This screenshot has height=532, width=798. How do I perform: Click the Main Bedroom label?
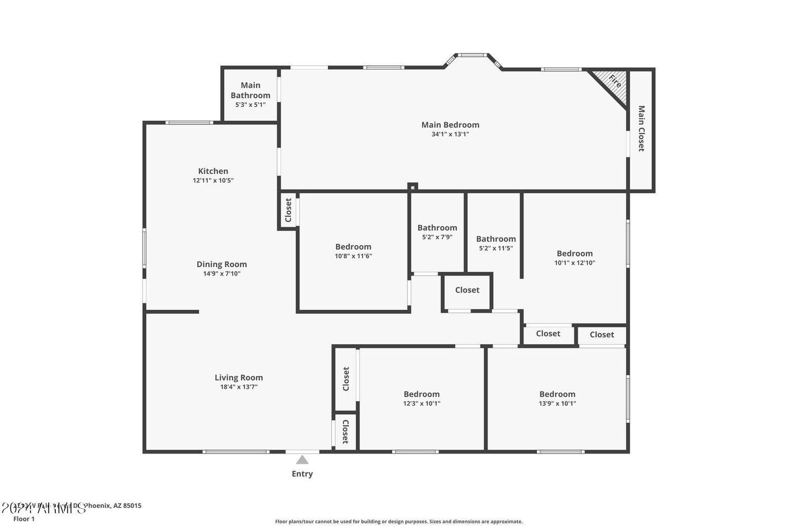pos(450,125)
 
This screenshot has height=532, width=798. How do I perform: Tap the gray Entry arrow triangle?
pos(302,460)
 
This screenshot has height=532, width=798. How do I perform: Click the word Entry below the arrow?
pos(302,474)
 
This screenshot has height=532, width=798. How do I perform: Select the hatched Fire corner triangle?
pos(614,82)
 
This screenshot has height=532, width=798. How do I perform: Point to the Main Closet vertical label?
pos(641,129)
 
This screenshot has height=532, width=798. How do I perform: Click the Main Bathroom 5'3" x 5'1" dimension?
pos(250,104)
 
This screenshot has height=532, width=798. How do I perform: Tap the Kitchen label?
pos(213,171)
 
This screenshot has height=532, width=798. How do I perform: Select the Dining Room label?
pos(221,265)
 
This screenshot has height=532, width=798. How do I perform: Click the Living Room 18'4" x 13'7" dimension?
pos(239,387)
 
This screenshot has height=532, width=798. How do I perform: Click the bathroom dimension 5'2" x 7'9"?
pos(437,237)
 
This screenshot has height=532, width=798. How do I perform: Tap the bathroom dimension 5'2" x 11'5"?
pos(496,249)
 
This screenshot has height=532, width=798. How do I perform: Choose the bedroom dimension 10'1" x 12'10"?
pos(574,263)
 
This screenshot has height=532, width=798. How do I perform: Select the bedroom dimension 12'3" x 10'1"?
pos(421,403)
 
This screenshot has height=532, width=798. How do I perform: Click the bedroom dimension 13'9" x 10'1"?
pos(557,403)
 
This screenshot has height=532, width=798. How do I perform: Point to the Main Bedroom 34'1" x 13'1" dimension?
pos(450,134)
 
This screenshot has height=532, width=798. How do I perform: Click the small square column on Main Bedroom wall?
pos(413,187)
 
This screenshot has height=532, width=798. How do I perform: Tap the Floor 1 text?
pos(24,519)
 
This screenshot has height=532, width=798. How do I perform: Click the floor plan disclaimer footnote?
pos(399,522)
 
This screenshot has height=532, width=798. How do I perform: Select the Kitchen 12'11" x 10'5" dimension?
pos(213,181)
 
